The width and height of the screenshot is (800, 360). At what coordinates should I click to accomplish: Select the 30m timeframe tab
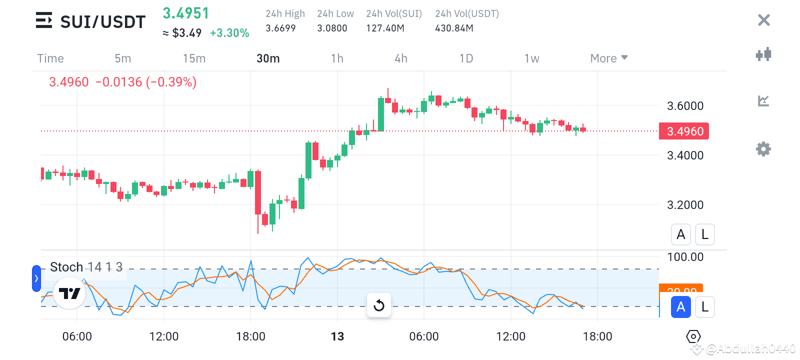click(x=268, y=58)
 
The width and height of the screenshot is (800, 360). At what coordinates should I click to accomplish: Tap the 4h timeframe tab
click(x=401, y=58)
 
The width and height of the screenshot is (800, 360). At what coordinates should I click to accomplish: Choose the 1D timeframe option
click(x=466, y=58)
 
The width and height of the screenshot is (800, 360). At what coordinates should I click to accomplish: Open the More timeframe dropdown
click(x=608, y=58)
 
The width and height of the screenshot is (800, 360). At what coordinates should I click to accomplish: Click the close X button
click(x=763, y=20)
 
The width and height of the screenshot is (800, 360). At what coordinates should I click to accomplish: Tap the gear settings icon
click(x=763, y=149)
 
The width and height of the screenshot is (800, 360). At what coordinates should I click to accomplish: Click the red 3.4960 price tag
click(x=684, y=131)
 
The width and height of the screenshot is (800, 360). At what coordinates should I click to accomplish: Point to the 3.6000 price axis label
click(x=685, y=106)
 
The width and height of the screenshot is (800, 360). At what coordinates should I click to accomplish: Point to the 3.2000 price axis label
click(x=685, y=205)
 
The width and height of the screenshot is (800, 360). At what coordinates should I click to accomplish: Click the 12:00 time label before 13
click(x=164, y=336)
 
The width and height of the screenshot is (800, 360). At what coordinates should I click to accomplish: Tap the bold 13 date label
click(x=337, y=336)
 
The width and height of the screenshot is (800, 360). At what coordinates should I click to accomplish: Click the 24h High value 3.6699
click(x=280, y=28)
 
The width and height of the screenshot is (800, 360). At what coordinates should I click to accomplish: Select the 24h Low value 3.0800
click(x=332, y=28)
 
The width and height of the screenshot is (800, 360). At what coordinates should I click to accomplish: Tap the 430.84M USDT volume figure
click(x=454, y=28)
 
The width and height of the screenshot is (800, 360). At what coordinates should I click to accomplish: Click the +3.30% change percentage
click(x=229, y=33)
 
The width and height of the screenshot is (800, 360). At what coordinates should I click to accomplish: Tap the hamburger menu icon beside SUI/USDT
click(x=44, y=20)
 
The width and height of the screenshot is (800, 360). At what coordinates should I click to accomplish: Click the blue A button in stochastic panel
click(x=680, y=307)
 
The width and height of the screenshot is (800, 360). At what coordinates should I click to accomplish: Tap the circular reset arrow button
click(x=379, y=305)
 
